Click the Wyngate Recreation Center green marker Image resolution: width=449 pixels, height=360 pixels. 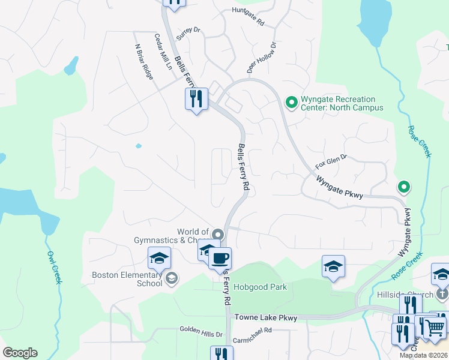click(292, 103)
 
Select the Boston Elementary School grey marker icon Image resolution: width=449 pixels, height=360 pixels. click(172, 278)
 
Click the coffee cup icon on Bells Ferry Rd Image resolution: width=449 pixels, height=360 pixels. click(220, 259)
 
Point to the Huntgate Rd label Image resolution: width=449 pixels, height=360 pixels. click(248, 17)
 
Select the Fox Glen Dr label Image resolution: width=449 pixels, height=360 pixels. click(331, 161)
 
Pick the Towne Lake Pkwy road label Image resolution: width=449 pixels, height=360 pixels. click(266, 317)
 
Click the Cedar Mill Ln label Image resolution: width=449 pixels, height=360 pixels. click(163, 52)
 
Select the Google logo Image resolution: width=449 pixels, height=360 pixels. click(20, 353)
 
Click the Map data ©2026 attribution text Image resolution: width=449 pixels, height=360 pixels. click(423, 355)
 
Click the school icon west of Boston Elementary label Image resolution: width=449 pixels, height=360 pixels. click(160, 259)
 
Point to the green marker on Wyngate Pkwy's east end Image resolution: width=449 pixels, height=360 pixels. click(404, 188)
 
